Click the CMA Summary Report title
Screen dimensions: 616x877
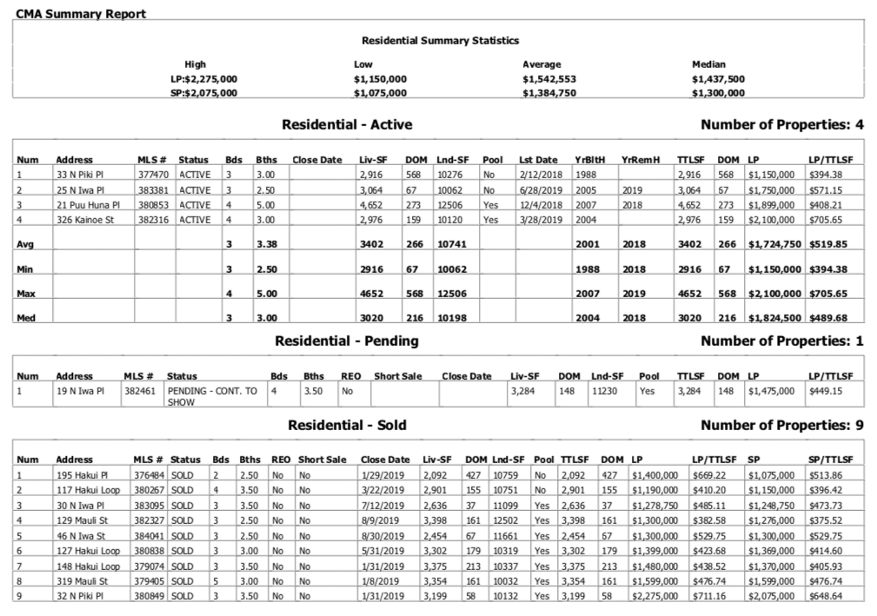tap(80, 14)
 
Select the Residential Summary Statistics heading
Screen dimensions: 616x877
tap(440, 40)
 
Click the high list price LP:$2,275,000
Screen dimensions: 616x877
tap(199, 78)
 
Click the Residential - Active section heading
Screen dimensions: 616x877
tap(347, 125)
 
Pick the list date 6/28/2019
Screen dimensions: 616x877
tap(538, 190)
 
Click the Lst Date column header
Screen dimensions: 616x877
tap(538, 160)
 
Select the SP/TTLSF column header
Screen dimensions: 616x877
tap(830, 459)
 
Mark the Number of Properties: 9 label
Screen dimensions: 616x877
tap(781, 426)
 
